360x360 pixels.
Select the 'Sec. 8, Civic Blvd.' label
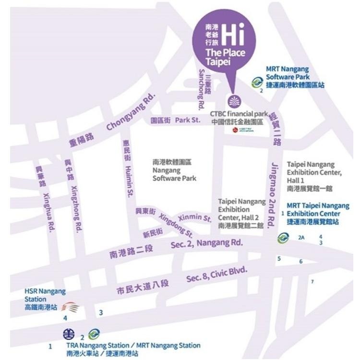pyautogui.click(x=217, y=275)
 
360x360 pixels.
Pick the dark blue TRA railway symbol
pyautogui.click(x=69, y=334)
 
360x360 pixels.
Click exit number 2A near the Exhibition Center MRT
pyautogui.click(x=301, y=237)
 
